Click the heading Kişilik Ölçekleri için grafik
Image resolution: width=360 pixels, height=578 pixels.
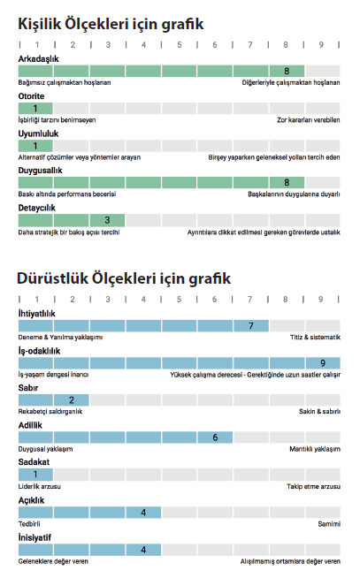[111, 25]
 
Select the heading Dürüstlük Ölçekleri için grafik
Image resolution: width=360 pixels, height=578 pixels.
[124, 278]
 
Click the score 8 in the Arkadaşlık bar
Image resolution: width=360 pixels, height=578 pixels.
[287, 71]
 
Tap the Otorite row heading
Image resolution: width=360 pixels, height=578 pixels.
[31, 96]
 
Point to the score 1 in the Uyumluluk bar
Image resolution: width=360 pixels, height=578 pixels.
[35, 146]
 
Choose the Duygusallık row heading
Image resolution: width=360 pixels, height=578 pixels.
[40, 171]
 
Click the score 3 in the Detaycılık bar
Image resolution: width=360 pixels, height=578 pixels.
[107, 220]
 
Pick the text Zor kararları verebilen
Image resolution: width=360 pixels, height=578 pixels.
[309, 120]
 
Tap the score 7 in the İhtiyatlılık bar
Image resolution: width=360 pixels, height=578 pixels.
[251, 326]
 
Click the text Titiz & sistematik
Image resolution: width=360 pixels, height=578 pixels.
[315, 337]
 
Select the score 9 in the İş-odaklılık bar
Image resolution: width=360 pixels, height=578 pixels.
[323, 363]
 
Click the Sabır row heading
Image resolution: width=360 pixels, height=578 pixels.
[28, 388]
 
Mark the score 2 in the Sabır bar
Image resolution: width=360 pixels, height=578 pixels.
[71, 400]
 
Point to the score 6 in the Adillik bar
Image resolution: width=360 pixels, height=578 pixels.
[215, 437]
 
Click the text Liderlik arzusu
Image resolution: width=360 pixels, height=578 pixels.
[40, 487]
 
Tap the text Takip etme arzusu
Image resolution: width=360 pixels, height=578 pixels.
[313, 487]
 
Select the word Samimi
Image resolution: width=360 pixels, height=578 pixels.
[329, 524]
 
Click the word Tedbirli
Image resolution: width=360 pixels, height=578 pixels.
[29, 524]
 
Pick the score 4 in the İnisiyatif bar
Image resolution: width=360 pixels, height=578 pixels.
[143, 550]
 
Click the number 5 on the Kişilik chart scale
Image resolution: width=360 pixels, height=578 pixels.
[180, 44]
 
